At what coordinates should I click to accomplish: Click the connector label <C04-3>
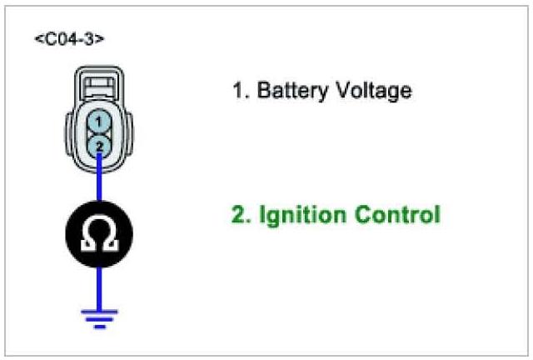[69, 39]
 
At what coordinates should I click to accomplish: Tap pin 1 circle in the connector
[98, 122]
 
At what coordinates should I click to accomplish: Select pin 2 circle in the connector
[98, 146]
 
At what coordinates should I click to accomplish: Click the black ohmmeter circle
[98, 235]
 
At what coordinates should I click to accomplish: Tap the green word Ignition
[298, 215]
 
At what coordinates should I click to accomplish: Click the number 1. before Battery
[239, 90]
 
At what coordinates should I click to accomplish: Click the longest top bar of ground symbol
[100, 311]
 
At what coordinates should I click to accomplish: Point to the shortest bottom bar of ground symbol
[100, 327]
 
